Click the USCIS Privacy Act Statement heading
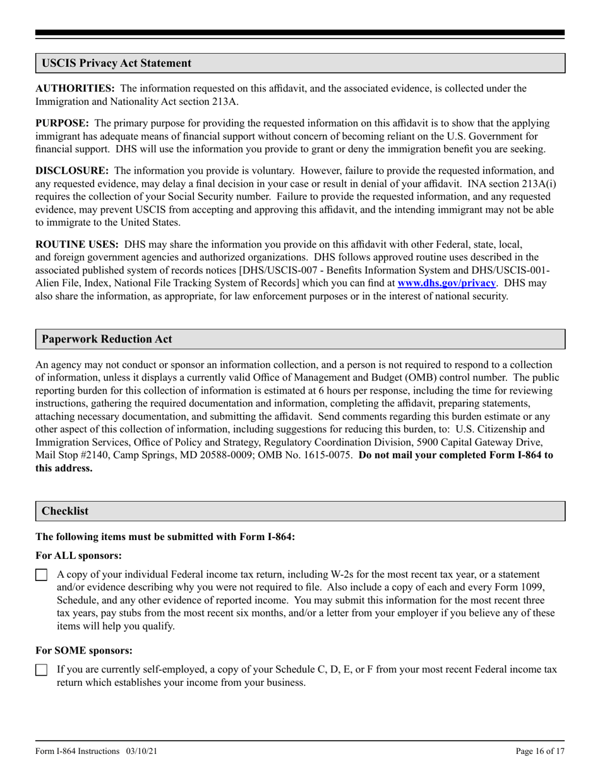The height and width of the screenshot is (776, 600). (116, 63)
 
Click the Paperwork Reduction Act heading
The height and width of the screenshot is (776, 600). (107, 339)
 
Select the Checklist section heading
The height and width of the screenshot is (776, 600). (65, 511)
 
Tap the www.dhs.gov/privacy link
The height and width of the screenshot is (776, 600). (446, 283)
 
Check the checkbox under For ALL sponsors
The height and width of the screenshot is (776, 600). (41, 575)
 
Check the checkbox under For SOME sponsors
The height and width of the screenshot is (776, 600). (41, 671)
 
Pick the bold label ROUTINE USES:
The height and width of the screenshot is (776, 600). (76, 244)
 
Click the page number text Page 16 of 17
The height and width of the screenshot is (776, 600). (540, 751)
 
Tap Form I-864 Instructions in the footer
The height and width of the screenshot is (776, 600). (78, 751)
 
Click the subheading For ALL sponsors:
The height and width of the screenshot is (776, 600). (79, 555)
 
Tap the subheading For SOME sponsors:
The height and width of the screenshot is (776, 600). (83, 650)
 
